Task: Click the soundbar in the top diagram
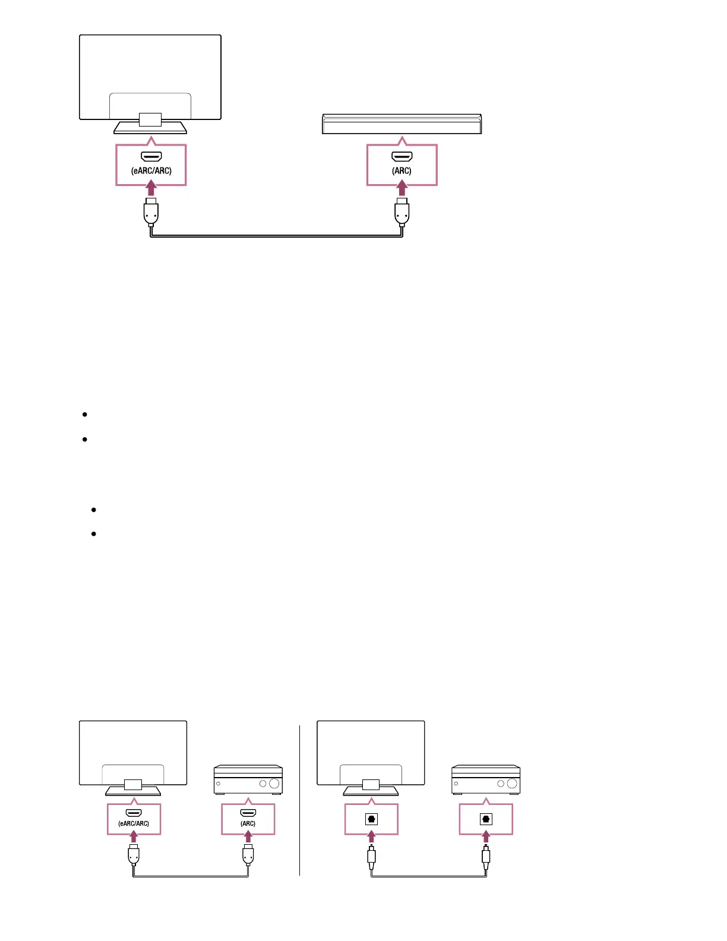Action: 402,124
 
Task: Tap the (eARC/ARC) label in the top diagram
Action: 151,171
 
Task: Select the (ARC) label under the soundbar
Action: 402,171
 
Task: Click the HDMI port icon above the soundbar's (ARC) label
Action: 402,157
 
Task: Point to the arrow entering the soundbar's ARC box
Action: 402,188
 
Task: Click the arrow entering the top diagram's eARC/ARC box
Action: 151,188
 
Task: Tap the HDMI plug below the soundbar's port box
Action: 402,212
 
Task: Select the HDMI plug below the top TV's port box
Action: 151,212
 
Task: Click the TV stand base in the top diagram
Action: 150,128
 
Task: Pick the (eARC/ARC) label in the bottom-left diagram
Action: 134,823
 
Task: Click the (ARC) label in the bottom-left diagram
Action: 248,823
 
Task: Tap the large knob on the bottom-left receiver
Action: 274,784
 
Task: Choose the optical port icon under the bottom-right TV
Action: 371,819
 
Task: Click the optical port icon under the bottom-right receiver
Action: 486,819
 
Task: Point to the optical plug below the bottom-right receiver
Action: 486,856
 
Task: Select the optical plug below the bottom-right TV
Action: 371,856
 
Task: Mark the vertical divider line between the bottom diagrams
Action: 300,800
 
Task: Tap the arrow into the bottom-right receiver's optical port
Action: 486,838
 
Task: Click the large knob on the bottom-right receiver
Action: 512,784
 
